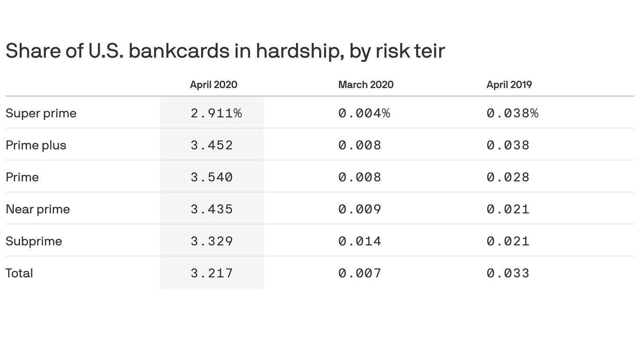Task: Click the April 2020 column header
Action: click(x=213, y=85)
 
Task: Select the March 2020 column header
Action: click(x=365, y=85)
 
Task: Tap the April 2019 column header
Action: click(x=509, y=85)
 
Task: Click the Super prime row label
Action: click(x=41, y=113)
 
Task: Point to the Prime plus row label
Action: click(x=36, y=145)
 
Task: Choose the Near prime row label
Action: click(x=37, y=209)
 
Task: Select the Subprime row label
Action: click(x=34, y=241)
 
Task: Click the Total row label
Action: click(x=19, y=273)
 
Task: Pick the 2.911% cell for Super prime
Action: click(x=216, y=113)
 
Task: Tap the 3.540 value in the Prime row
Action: click(x=211, y=177)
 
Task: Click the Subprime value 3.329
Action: click(x=211, y=241)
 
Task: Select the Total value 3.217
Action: click(x=211, y=273)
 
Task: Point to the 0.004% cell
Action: click(x=364, y=113)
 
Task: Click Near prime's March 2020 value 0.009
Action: click(x=359, y=209)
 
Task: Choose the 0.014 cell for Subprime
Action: click(x=359, y=241)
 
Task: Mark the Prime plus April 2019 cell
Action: click(x=508, y=145)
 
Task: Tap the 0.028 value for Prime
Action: click(x=508, y=177)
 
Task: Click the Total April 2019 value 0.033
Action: click(x=508, y=273)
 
